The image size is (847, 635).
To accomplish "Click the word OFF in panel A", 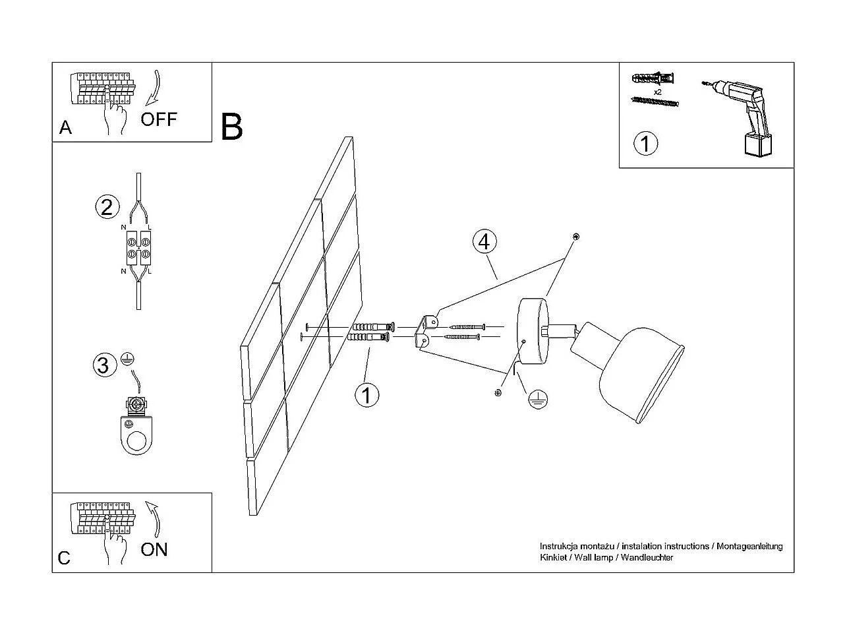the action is click(159, 119).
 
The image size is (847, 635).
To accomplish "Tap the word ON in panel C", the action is click(154, 550).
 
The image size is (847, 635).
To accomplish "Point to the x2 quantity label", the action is click(658, 92).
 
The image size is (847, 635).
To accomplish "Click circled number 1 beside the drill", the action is click(645, 143).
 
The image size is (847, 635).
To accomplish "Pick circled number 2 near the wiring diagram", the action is click(107, 207).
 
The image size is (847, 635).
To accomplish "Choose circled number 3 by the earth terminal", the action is click(103, 365).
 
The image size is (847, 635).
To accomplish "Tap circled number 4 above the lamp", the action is click(484, 241).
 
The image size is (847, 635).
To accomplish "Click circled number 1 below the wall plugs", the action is click(366, 395).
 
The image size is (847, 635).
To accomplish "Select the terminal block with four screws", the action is click(138, 248).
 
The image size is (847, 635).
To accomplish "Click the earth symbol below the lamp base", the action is click(538, 399).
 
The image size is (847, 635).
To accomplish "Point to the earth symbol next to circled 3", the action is click(127, 359).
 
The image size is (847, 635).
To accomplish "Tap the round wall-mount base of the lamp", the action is click(533, 331).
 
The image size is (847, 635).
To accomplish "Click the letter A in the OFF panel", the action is click(65, 127).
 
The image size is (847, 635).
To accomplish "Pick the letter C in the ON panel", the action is click(64, 559).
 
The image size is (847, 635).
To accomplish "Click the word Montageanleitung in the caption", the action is click(749, 546).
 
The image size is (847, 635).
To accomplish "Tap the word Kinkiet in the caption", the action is click(553, 557).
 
